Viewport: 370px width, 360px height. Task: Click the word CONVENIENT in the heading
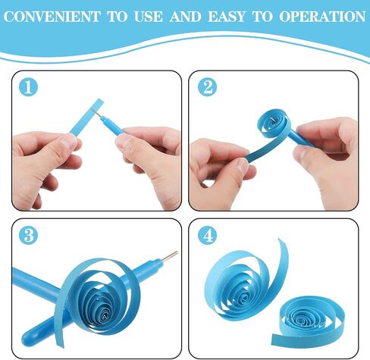(52, 17)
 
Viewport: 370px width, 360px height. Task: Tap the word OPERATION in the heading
(322, 17)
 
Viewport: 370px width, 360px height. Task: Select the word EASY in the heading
(227, 17)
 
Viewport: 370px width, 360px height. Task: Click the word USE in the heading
(148, 17)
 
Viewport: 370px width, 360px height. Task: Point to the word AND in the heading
(186, 17)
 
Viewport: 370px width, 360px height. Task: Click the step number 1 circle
(28, 87)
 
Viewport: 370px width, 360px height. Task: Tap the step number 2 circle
(207, 87)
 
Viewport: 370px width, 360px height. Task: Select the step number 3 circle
(28, 235)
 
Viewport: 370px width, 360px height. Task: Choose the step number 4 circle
(207, 235)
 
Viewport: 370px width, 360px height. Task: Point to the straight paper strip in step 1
(86, 117)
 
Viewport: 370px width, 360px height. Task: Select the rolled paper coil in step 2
(272, 124)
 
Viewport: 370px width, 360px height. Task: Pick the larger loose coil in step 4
(243, 282)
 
